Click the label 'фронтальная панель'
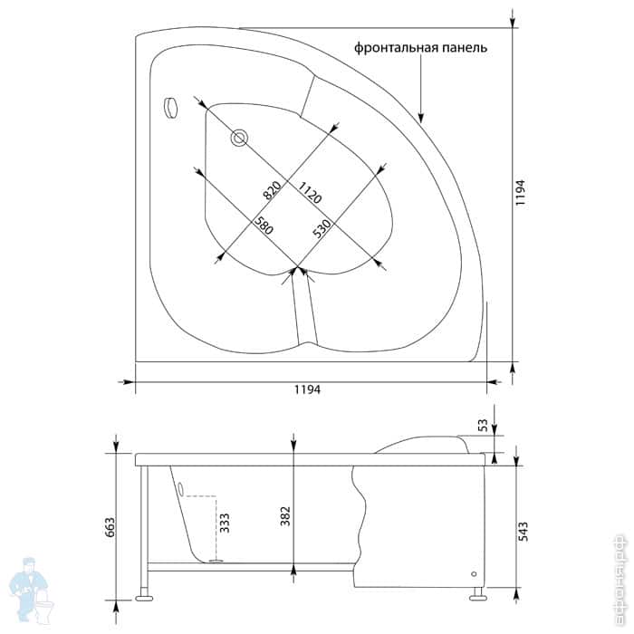point(420,48)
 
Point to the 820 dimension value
point(269,190)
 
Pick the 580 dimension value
point(263,226)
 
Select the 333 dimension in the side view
point(225,524)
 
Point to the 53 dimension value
point(482,425)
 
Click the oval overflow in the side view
point(181,490)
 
